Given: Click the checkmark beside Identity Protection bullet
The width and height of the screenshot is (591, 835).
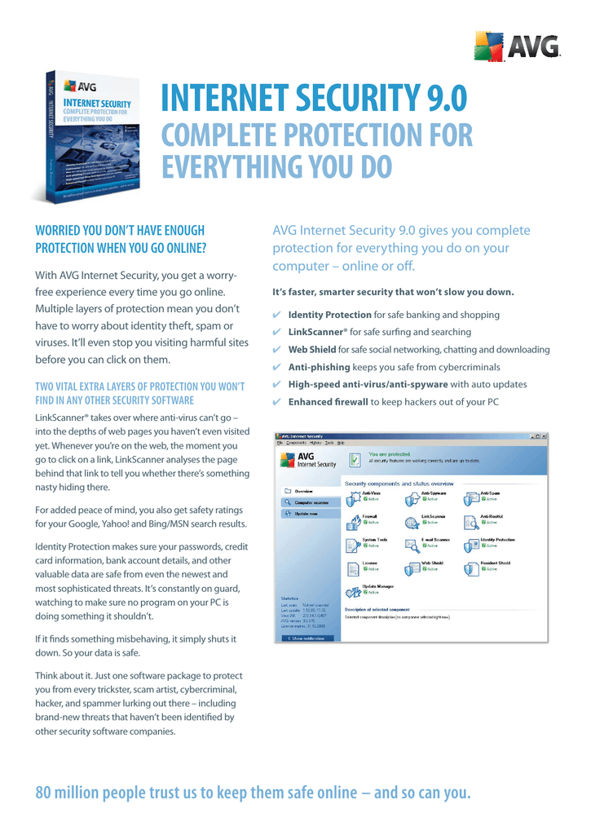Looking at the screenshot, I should (x=277, y=315).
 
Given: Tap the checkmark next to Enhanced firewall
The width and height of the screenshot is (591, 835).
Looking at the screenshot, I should (x=277, y=402).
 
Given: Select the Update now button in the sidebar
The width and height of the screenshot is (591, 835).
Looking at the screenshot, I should (x=306, y=514).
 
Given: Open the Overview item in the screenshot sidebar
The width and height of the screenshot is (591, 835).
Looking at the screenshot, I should (x=303, y=492).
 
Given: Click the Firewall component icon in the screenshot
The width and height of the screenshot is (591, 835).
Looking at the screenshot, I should (x=354, y=522).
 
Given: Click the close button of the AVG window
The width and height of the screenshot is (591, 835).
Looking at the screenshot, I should (x=545, y=437).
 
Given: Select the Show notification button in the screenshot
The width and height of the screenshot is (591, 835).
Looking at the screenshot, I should (x=307, y=638).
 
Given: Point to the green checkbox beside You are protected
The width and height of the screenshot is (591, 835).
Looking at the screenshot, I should (x=355, y=460).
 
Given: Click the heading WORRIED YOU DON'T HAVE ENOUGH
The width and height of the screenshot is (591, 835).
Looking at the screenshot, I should (x=120, y=231).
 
